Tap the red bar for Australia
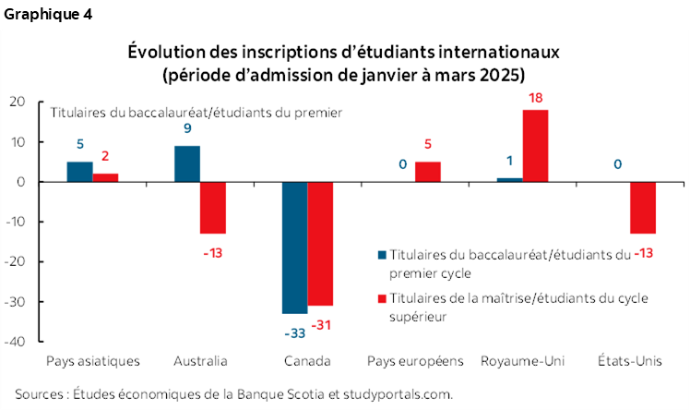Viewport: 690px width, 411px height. point(213,208)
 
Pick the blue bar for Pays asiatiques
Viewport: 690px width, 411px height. point(79,172)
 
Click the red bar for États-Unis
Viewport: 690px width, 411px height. point(643,208)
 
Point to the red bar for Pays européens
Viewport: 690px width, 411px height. point(427,172)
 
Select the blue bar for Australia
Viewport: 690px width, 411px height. point(187,163)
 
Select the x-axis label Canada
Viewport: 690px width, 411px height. point(307,360)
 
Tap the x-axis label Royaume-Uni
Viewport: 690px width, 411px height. point(523,360)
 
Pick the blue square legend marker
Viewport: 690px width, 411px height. point(383,253)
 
